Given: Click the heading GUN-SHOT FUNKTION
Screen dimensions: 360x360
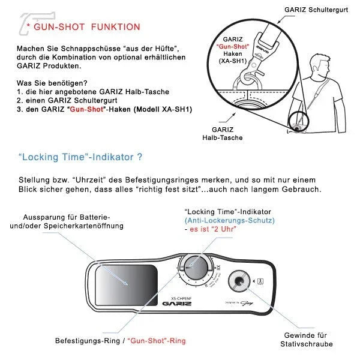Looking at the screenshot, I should pyautogui.click(x=87, y=27).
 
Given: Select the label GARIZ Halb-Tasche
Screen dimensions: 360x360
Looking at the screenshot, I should pyautogui.click(x=227, y=133).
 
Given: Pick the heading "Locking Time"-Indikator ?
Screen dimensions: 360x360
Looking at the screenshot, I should pyautogui.click(x=80, y=157).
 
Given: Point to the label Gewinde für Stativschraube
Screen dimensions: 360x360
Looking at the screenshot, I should pyautogui.click(x=306, y=340).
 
